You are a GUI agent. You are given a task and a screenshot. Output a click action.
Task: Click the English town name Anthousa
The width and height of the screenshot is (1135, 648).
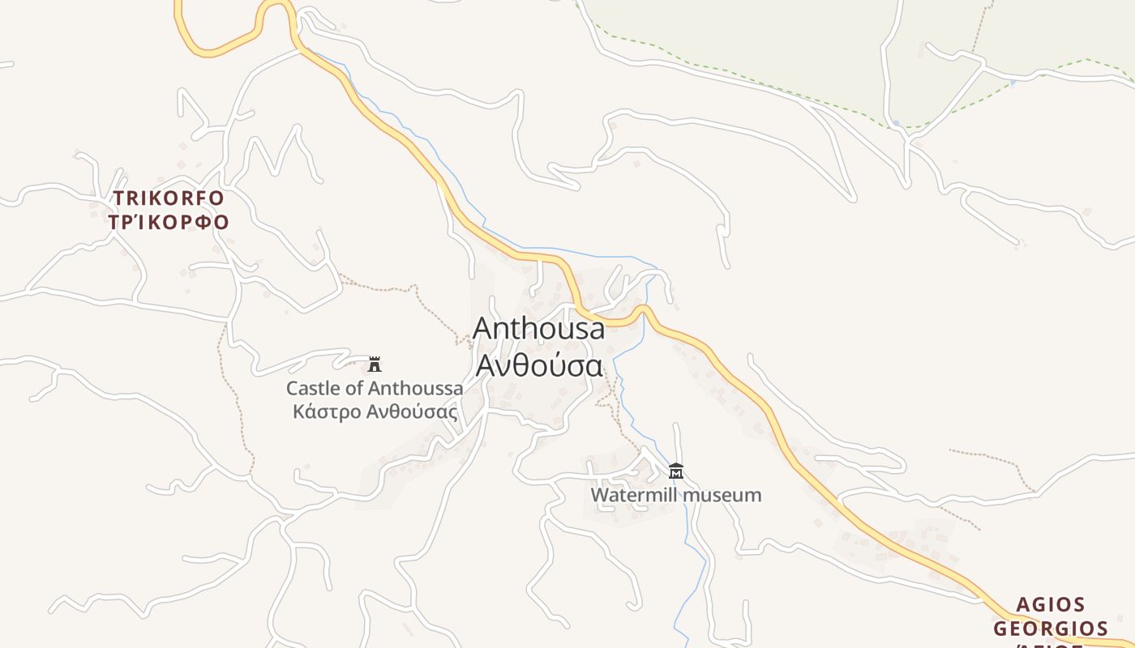tap(538, 328)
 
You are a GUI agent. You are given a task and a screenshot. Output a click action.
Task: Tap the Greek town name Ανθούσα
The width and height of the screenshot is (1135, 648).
tap(538, 365)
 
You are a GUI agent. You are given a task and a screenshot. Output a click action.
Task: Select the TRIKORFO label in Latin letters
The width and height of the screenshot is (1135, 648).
tap(169, 198)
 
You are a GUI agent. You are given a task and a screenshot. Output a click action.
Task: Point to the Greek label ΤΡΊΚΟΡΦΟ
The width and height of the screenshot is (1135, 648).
tap(169, 222)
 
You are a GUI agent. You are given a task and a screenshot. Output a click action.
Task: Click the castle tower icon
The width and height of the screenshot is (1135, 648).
tap(375, 364)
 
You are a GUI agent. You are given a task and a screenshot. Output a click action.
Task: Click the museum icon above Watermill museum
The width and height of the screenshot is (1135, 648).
tap(676, 471)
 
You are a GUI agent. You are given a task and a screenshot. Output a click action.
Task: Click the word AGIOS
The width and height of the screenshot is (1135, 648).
tap(1051, 605)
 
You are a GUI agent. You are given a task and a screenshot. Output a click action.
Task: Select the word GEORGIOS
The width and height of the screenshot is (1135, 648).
tap(1051, 629)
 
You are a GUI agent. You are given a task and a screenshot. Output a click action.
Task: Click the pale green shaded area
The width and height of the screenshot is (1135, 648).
tap(770, 32)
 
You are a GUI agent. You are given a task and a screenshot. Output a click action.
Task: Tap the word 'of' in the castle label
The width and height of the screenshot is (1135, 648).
tap(354, 388)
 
